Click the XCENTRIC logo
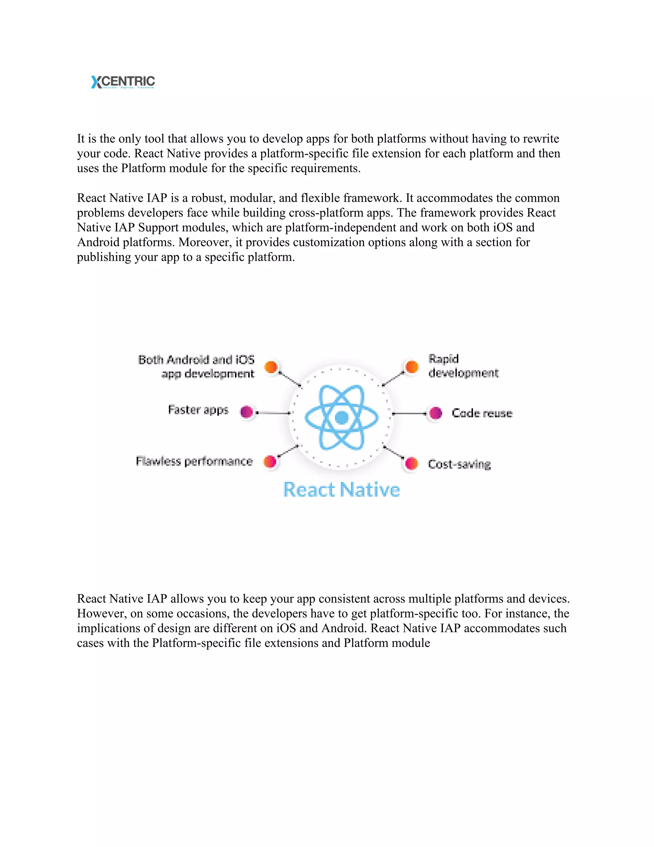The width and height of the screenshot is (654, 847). point(123,82)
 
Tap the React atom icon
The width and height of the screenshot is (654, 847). point(341,417)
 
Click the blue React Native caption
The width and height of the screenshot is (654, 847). point(341,489)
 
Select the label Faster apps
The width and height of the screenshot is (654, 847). point(198,410)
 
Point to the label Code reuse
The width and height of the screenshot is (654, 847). point(482,413)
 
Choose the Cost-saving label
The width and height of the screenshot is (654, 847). point(459,464)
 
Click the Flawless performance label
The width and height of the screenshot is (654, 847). point(194,461)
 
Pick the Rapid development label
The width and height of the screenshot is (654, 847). point(463,366)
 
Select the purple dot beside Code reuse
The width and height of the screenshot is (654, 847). point(436,413)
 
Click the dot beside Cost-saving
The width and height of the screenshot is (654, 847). point(411,463)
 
